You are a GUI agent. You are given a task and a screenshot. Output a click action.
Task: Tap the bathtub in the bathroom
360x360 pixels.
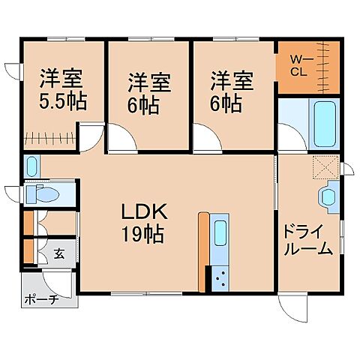tap(322, 124)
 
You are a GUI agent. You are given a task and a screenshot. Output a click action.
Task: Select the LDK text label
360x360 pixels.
tap(142, 211)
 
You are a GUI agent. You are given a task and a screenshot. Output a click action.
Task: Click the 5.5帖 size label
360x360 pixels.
tap(62, 100)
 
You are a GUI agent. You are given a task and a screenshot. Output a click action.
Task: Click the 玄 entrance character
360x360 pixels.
tap(59, 252)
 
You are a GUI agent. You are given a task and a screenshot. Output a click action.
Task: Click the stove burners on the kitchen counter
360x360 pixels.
tap(220, 280)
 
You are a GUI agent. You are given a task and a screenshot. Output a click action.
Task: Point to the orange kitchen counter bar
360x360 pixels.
tap(202, 252)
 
